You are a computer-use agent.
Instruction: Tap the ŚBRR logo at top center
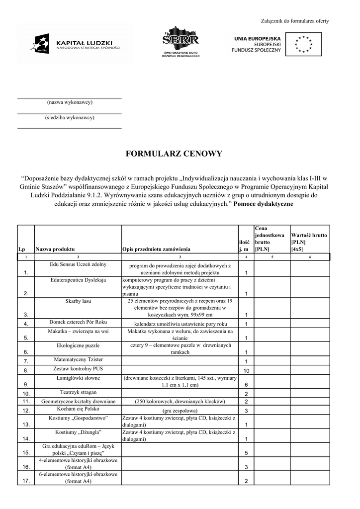[x=181, y=42]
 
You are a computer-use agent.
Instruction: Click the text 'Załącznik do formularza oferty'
[x=295, y=21]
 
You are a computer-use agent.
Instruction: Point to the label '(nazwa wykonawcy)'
[x=70, y=102]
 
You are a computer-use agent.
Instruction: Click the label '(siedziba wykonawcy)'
[x=70, y=118]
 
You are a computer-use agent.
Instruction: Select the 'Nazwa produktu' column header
[x=55, y=249]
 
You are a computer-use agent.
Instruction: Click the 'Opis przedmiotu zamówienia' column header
[x=156, y=249]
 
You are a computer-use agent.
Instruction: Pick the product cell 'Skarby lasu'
[x=78, y=301]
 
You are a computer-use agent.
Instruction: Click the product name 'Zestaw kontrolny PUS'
[x=78, y=369]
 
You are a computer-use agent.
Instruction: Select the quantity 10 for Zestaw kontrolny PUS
[x=246, y=371]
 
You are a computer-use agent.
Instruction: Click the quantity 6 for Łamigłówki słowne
[x=246, y=385]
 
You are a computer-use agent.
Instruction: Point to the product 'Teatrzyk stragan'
[x=78, y=392]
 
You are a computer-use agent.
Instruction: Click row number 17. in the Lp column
[x=26, y=481]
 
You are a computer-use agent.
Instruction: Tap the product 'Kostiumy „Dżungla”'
[x=78, y=432]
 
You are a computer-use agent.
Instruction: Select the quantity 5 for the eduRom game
[x=246, y=453]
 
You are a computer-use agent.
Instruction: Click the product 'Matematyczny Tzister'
[x=78, y=359]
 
